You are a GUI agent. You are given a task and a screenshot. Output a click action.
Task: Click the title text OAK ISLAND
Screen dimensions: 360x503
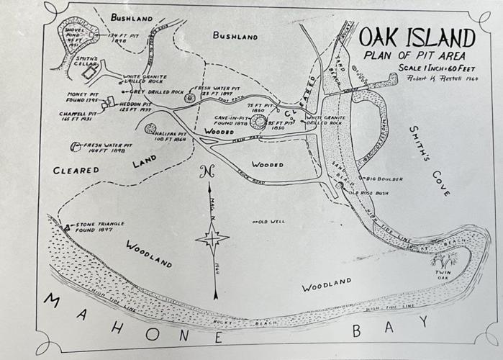point(417,37)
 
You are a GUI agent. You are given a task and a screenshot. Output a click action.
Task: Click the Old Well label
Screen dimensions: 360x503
point(270,221)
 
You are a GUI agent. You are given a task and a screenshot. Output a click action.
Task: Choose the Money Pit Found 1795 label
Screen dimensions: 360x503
point(81,98)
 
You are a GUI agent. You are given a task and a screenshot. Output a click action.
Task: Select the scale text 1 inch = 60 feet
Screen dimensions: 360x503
point(431,68)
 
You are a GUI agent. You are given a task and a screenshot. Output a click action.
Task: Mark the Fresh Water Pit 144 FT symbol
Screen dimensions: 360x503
point(76,147)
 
